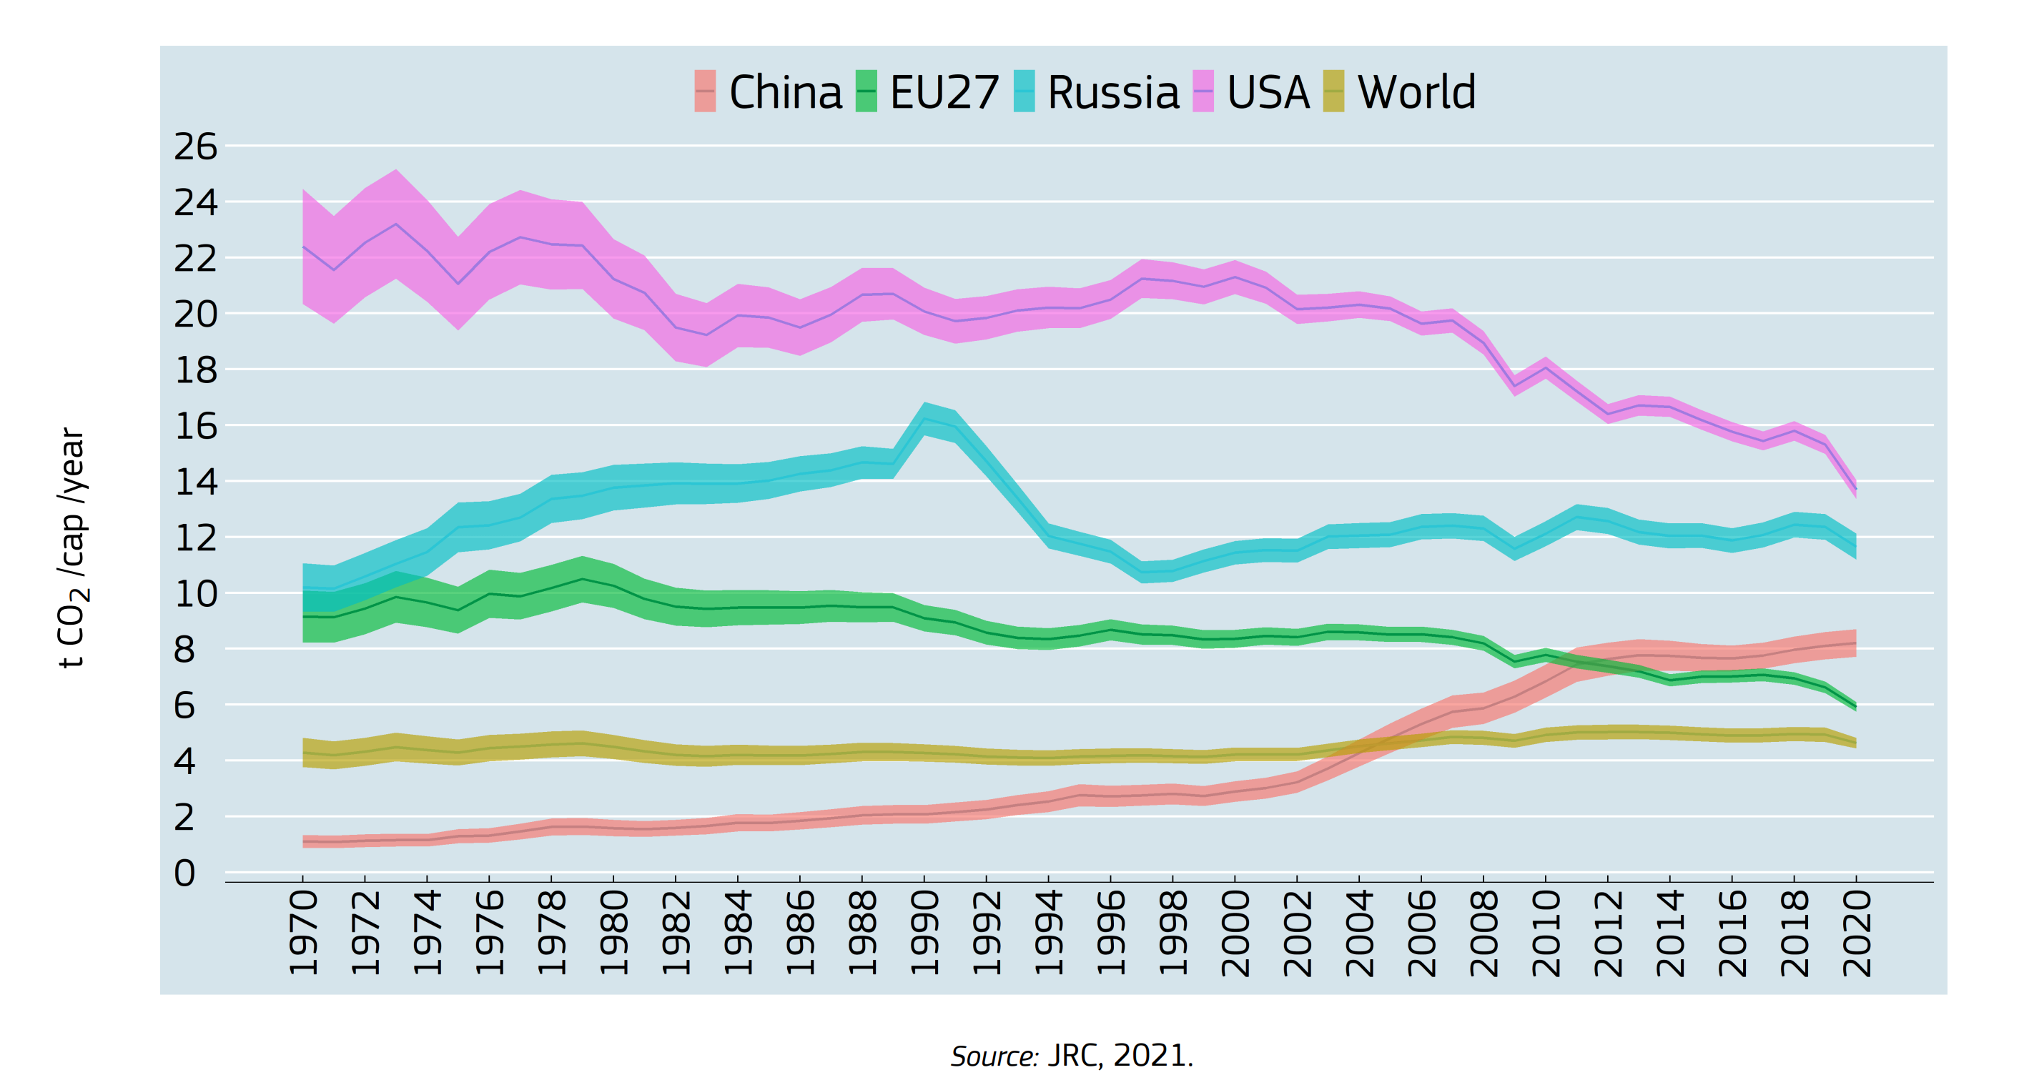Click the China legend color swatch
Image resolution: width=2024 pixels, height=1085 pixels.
[x=705, y=91]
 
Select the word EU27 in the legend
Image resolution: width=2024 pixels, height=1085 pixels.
[x=944, y=93]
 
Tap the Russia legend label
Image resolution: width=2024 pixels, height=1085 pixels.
[x=1112, y=93]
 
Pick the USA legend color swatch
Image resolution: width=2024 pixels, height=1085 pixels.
[x=1203, y=91]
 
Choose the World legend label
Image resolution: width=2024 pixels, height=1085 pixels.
[x=1416, y=93]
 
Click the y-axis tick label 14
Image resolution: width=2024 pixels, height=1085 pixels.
[x=195, y=482]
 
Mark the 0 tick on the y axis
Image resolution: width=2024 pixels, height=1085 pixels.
[x=184, y=873]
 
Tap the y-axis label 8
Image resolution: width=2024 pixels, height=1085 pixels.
[x=184, y=650]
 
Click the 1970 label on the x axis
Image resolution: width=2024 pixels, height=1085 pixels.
[x=303, y=933]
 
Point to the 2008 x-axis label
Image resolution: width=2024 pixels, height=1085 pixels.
[x=1484, y=933]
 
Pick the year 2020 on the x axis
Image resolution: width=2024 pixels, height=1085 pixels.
[x=1857, y=933]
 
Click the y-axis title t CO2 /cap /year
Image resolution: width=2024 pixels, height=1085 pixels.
[x=73, y=548]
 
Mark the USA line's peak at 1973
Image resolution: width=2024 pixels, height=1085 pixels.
[x=396, y=224]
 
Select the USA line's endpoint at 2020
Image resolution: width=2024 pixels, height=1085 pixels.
[x=1856, y=490]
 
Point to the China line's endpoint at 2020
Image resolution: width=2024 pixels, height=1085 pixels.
[x=1856, y=643]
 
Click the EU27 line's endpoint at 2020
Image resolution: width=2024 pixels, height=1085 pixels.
[x=1856, y=706]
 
